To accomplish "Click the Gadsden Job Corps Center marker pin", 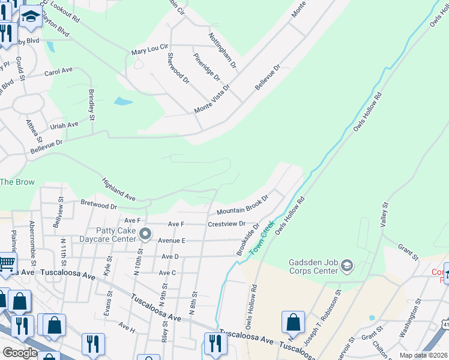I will pyautogui.click(x=348, y=265).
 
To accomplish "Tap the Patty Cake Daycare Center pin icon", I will pyautogui.click(x=144, y=233).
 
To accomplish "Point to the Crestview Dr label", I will pyautogui.click(x=227, y=224).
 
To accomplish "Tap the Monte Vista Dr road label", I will pyautogui.click(x=211, y=100).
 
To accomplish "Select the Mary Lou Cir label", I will pyautogui.click(x=150, y=49).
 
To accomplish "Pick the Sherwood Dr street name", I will pyautogui.click(x=177, y=68).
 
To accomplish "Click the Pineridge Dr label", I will pyautogui.click(x=206, y=67).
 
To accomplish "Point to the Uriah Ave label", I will pyautogui.click(x=64, y=125).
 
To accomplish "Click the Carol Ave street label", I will pyautogui.click(x=58, y=71).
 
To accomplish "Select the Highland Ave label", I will pyautogui.click(x=118, y=188).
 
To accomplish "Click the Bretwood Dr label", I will pyautogui.click(x=98, y=206).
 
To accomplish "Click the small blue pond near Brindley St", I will pyautogui.click(x=123, y=101).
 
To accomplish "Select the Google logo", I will pyautogui.click(x=19, y=353).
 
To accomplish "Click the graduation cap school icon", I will pyautogui.click(x=31, y=19).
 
